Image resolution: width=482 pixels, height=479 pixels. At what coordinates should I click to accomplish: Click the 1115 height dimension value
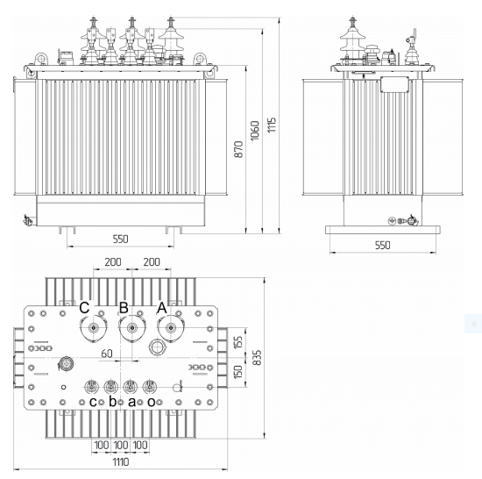coord(272,125)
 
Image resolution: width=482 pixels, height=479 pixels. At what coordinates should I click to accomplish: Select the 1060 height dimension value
coord(255,131)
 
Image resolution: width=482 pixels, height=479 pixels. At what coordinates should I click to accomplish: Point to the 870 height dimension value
coord(238,149)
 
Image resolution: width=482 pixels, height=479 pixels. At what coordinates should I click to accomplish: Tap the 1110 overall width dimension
coord(121,461)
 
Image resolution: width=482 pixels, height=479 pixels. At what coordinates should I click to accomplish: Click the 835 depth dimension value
coord(258,357)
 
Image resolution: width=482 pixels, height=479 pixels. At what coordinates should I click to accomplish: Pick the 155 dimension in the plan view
coord(238,342)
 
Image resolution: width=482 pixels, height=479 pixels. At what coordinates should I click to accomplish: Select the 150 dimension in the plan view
coord(238,371)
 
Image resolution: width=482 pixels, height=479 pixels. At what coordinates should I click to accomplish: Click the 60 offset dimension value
coord(107,354)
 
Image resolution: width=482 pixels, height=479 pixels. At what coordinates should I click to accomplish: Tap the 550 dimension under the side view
coord(382,245)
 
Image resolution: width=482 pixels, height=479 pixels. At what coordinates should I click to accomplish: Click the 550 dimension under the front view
coord(120,239)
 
